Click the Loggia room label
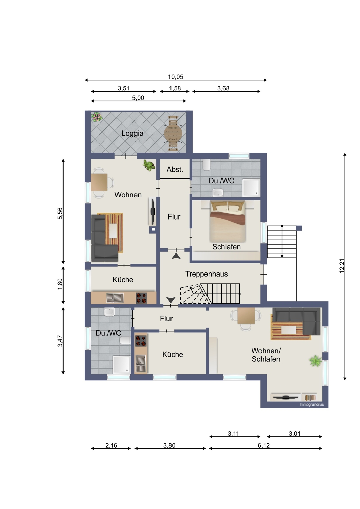pos(132,133)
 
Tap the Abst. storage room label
pos(175,169)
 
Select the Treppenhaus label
pos(206,274)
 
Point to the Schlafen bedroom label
pos(227,247)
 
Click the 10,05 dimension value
pos(175,77)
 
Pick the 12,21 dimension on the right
pos(342,266)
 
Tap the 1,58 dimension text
pos(175,88)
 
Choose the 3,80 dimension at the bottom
pos(169,445)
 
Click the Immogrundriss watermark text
pos(311,404)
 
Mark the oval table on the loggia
pos(173,133)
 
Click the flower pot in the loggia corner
pos(97,117)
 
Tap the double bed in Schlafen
pos(228,222)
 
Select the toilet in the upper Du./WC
pos(206,165)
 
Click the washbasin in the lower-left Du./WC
pos(109,312)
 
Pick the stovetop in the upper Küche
pos(141,298)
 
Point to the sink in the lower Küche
pos(141,363)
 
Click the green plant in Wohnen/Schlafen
pos(316,361)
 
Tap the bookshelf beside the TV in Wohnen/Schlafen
pos(310,397)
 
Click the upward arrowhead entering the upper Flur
pos(176,256)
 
